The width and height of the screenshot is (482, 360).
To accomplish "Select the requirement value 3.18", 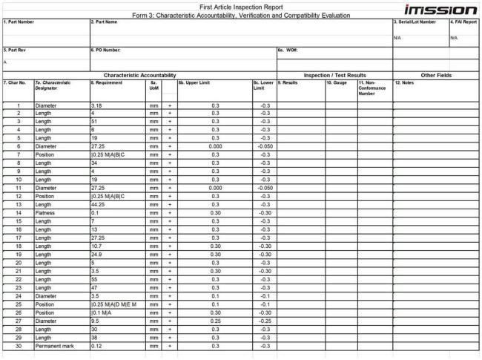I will [96, 107].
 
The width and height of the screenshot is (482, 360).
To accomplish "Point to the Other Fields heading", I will [436, 75].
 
